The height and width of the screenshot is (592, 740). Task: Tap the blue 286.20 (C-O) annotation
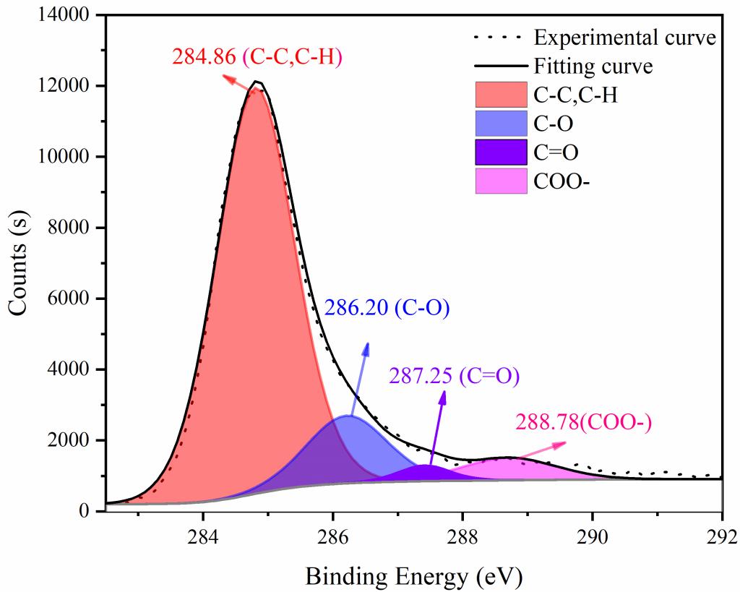[x=387, y=309]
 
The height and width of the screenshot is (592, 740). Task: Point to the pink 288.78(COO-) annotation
[x=583, y=422]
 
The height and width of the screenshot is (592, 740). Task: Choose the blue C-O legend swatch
[x=501, y=124]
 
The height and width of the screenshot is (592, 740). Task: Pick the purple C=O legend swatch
[x=501, y=153]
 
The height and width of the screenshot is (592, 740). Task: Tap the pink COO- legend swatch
[x=501, y=181]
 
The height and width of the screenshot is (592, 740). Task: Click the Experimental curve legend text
[x=624, y=37]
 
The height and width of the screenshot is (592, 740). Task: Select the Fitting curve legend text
[x=593, y=67]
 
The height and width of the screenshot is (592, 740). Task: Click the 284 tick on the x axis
[x=203, y=536]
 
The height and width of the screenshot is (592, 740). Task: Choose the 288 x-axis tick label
[x=462, y=536]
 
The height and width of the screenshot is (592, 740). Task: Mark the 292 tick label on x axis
[x=722, y=536]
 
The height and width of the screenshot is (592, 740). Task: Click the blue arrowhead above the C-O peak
[x=366, y=348]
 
